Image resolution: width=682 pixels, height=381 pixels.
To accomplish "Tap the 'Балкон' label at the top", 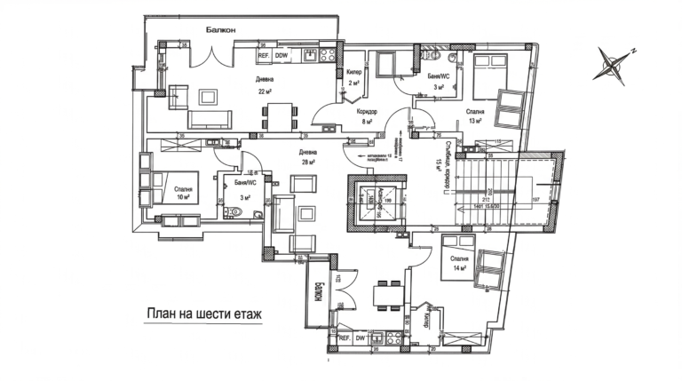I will tap(220, 30).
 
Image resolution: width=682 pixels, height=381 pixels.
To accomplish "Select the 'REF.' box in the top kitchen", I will tap(264, 56).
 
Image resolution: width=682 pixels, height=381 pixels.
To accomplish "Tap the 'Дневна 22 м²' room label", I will tap(265, 84).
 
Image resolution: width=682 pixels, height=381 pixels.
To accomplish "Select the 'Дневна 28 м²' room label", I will tap(309, 156).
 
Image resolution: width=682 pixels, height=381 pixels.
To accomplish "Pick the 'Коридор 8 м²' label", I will tap(368, 118).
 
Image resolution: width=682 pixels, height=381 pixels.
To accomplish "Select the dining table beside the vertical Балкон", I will tap(385, 291).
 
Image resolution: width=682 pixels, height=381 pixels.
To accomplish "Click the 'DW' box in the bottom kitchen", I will tap(361, 338).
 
